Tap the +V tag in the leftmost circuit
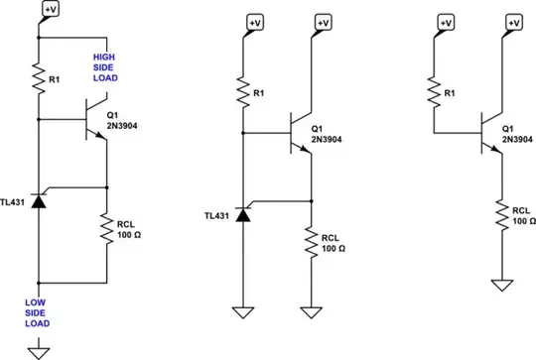point(51,8)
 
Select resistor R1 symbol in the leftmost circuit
point(39,75)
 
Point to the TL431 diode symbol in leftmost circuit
point(39,200)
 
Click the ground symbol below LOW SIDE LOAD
point(39,348)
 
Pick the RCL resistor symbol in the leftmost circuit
point(105,230)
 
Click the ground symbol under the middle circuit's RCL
point(312,314)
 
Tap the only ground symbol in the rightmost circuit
point(501,285)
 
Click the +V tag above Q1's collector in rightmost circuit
point(514,22)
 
